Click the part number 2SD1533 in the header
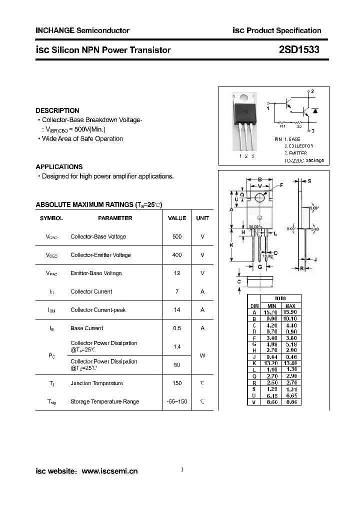coord(299,50)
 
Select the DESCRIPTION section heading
coord(57,110)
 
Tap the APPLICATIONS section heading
coord(59,166)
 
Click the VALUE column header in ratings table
coord(177,218)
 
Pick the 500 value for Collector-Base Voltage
coord(177,236)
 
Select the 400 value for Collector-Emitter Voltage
coord(177,255)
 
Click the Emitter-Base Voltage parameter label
coord(96,273)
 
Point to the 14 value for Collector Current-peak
coord(177,310)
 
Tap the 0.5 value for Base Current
coord(177,328)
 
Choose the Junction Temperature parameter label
coord(96,383)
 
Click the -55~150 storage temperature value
coord(177,401)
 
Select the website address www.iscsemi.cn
coord(109,471)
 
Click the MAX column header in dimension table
coord(290,305)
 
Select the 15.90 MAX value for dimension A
coord(290,312)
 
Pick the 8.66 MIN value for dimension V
coord(271,401)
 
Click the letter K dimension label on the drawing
coord(231,245)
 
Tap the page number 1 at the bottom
coord(182,469)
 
